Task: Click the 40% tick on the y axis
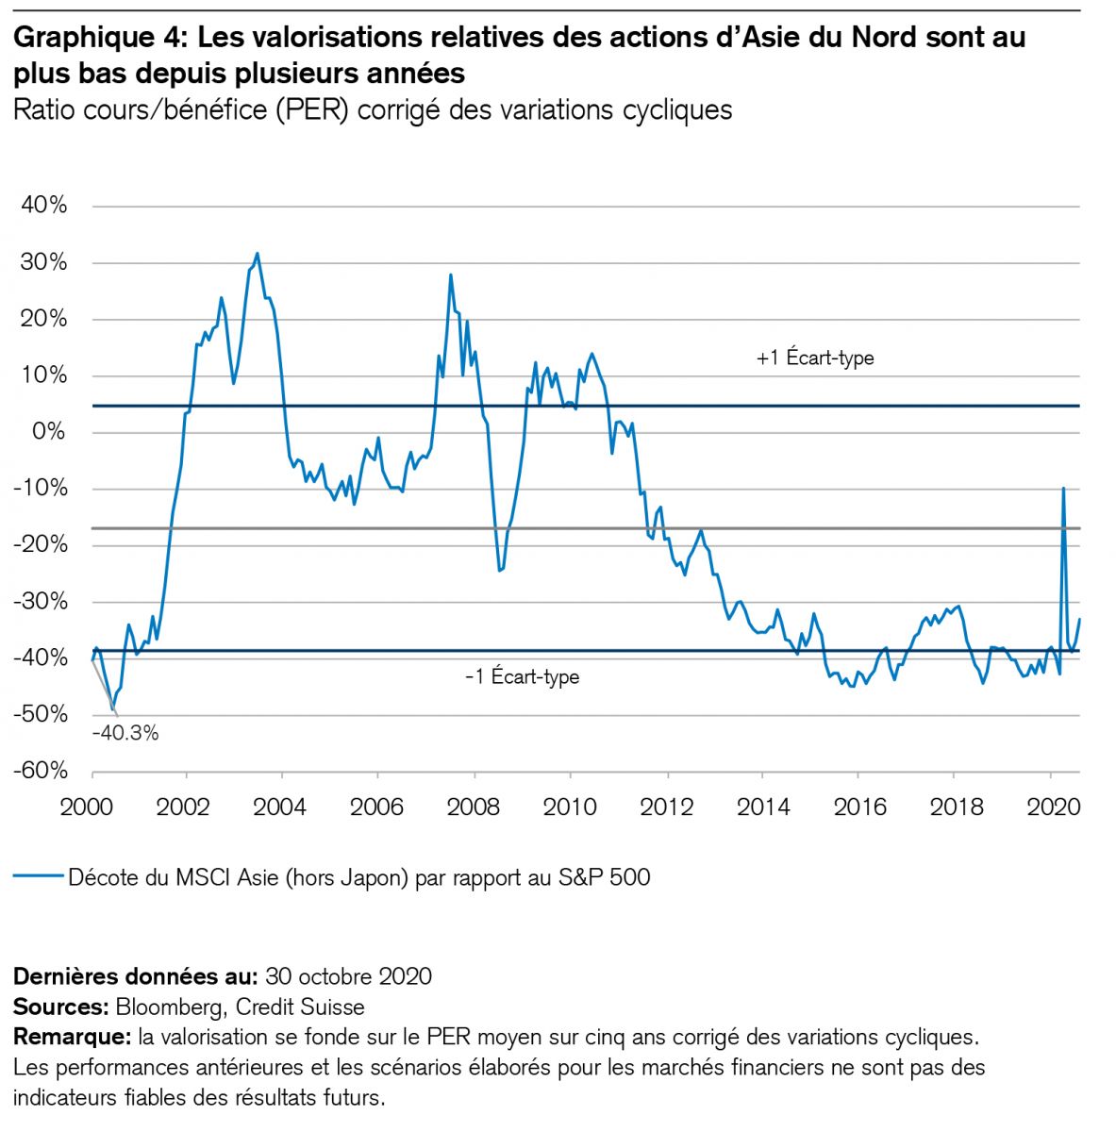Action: tap(44, 206)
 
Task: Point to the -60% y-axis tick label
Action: tap(41, 771)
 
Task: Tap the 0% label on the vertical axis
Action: tap(49, 432)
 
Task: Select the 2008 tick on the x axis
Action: tap(474, 807)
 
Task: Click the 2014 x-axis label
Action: tap(763, 807)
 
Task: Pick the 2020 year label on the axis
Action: tap(1051, 807)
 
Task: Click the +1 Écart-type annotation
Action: tap(815, 358)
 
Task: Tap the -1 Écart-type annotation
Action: tap(522, 676)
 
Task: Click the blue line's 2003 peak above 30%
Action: tap(258, 253)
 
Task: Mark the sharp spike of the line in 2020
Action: tap(1064, 488)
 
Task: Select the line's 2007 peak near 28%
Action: tap(451, 275)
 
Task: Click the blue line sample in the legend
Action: tap(38, 877)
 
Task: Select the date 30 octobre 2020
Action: tap(348, 975)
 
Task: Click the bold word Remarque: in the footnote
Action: tap(72, 1037)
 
